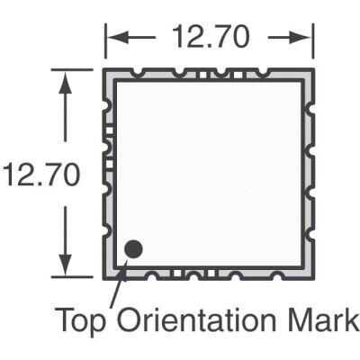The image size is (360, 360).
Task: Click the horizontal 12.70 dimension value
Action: pos(208,39)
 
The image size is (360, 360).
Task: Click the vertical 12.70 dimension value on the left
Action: pos(40,175)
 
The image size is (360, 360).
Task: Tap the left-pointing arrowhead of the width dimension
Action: pos(114,39)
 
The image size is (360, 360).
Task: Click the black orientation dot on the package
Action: pos(134,248)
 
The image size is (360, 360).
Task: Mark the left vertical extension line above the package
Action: pos(106,45)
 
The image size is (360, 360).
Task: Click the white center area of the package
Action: pos(209,171)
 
